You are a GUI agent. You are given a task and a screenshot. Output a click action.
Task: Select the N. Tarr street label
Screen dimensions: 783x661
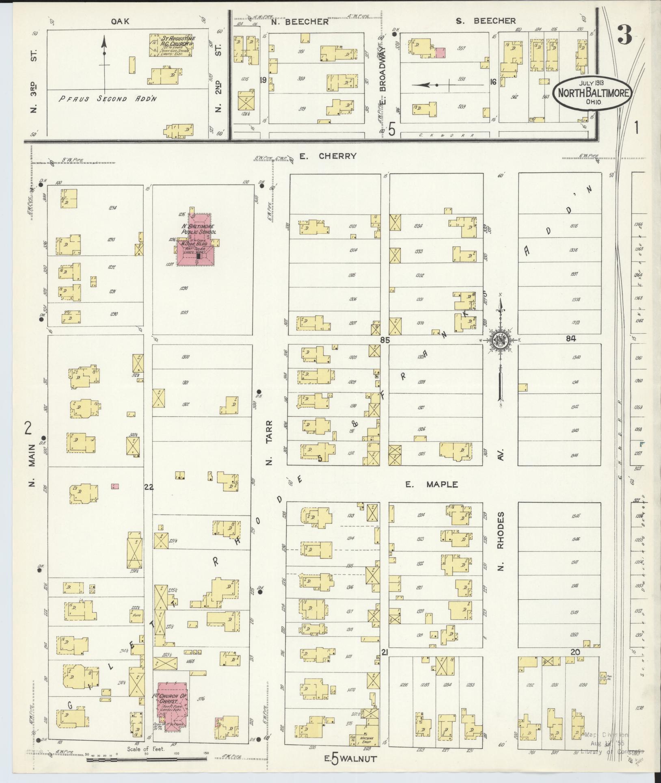coord(268,442)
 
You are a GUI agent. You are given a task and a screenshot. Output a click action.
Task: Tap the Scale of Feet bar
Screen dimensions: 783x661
coord(146,758)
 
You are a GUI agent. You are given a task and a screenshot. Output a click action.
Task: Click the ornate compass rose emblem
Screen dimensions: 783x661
coord(501,341)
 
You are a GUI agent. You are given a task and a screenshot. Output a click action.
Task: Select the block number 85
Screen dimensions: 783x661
coord(385,340)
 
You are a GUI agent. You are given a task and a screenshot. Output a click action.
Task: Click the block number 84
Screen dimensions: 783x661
coord(571,338)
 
